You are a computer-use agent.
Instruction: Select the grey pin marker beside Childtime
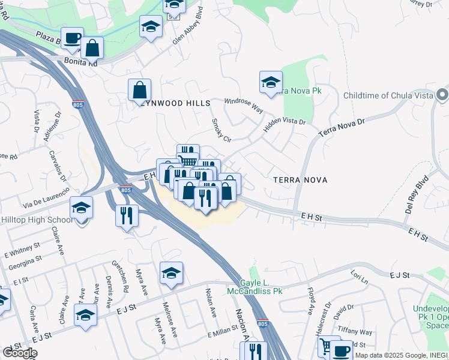point(442,95)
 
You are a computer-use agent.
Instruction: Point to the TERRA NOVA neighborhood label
point(298,179)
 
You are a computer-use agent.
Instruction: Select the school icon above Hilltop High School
point(81,208)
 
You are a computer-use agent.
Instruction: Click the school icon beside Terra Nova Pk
point(271,82)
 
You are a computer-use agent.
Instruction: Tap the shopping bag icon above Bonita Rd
point(92,47)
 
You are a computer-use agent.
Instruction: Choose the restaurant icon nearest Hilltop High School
point(127,215)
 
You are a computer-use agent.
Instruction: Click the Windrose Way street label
point(244,106)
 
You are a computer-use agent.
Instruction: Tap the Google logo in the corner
point(20,353)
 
